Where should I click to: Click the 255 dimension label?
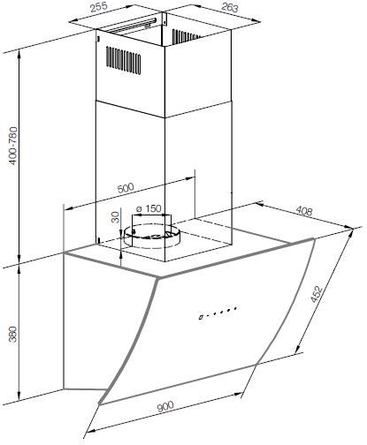(x=99, y=8)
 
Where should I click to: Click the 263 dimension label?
(x=229, y=8)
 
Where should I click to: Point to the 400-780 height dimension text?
(x=13, y=146)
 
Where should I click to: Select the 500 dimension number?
(x=126, y=188)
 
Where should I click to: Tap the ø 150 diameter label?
(x=149, y=208)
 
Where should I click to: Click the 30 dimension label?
(x=116, y=217)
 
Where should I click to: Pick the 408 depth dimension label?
(x=303, y=210)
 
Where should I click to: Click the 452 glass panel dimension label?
(x=317, y=293)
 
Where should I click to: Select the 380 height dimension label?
(x=13, y=334)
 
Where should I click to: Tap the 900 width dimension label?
(x=165, y=406)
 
